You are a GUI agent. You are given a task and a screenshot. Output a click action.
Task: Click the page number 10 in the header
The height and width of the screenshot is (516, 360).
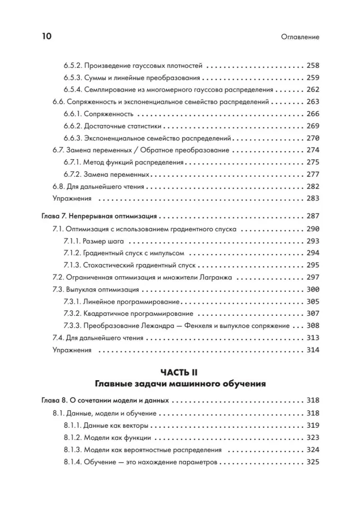point(46,36)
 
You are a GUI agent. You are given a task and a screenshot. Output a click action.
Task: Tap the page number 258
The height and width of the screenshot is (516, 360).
point(313,66)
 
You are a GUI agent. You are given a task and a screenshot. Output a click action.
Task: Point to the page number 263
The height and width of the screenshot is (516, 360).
point(313,102)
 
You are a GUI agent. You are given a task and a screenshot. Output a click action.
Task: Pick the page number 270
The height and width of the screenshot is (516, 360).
point(313,138)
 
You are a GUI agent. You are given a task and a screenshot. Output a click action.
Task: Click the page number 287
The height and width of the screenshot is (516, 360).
point(313,216)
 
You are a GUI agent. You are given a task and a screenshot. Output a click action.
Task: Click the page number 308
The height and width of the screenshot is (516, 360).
point(313,326)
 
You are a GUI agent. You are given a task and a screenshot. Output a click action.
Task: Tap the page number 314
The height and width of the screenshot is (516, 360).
point(313,350)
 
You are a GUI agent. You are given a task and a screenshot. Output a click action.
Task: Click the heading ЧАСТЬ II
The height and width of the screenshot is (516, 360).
point(180,372)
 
